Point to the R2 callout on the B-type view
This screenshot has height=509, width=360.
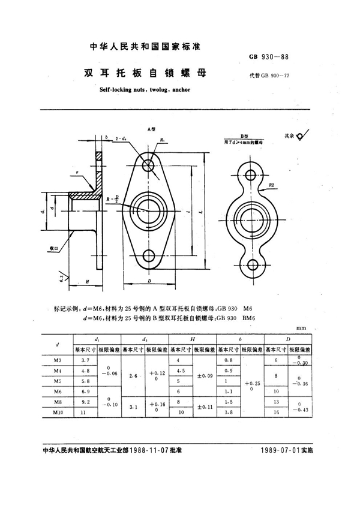pos(272,185)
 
